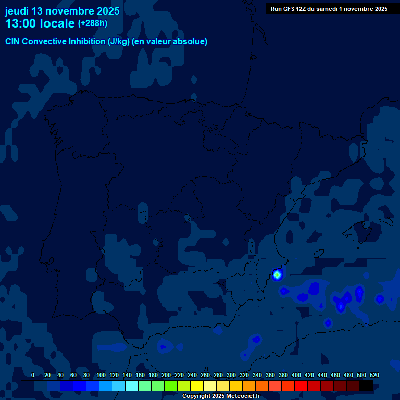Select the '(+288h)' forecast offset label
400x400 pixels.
93,23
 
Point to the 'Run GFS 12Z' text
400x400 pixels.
289,9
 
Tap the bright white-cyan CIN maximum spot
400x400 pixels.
278,274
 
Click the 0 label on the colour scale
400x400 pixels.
33,375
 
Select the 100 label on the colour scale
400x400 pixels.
101,375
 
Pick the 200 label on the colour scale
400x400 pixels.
166,375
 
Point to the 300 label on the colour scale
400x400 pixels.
231,375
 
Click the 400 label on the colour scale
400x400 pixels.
296,375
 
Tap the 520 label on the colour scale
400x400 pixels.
374,375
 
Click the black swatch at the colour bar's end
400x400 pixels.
366,386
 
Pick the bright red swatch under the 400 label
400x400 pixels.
301,386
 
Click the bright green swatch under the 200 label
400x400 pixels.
171,386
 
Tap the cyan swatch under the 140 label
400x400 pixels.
132,386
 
